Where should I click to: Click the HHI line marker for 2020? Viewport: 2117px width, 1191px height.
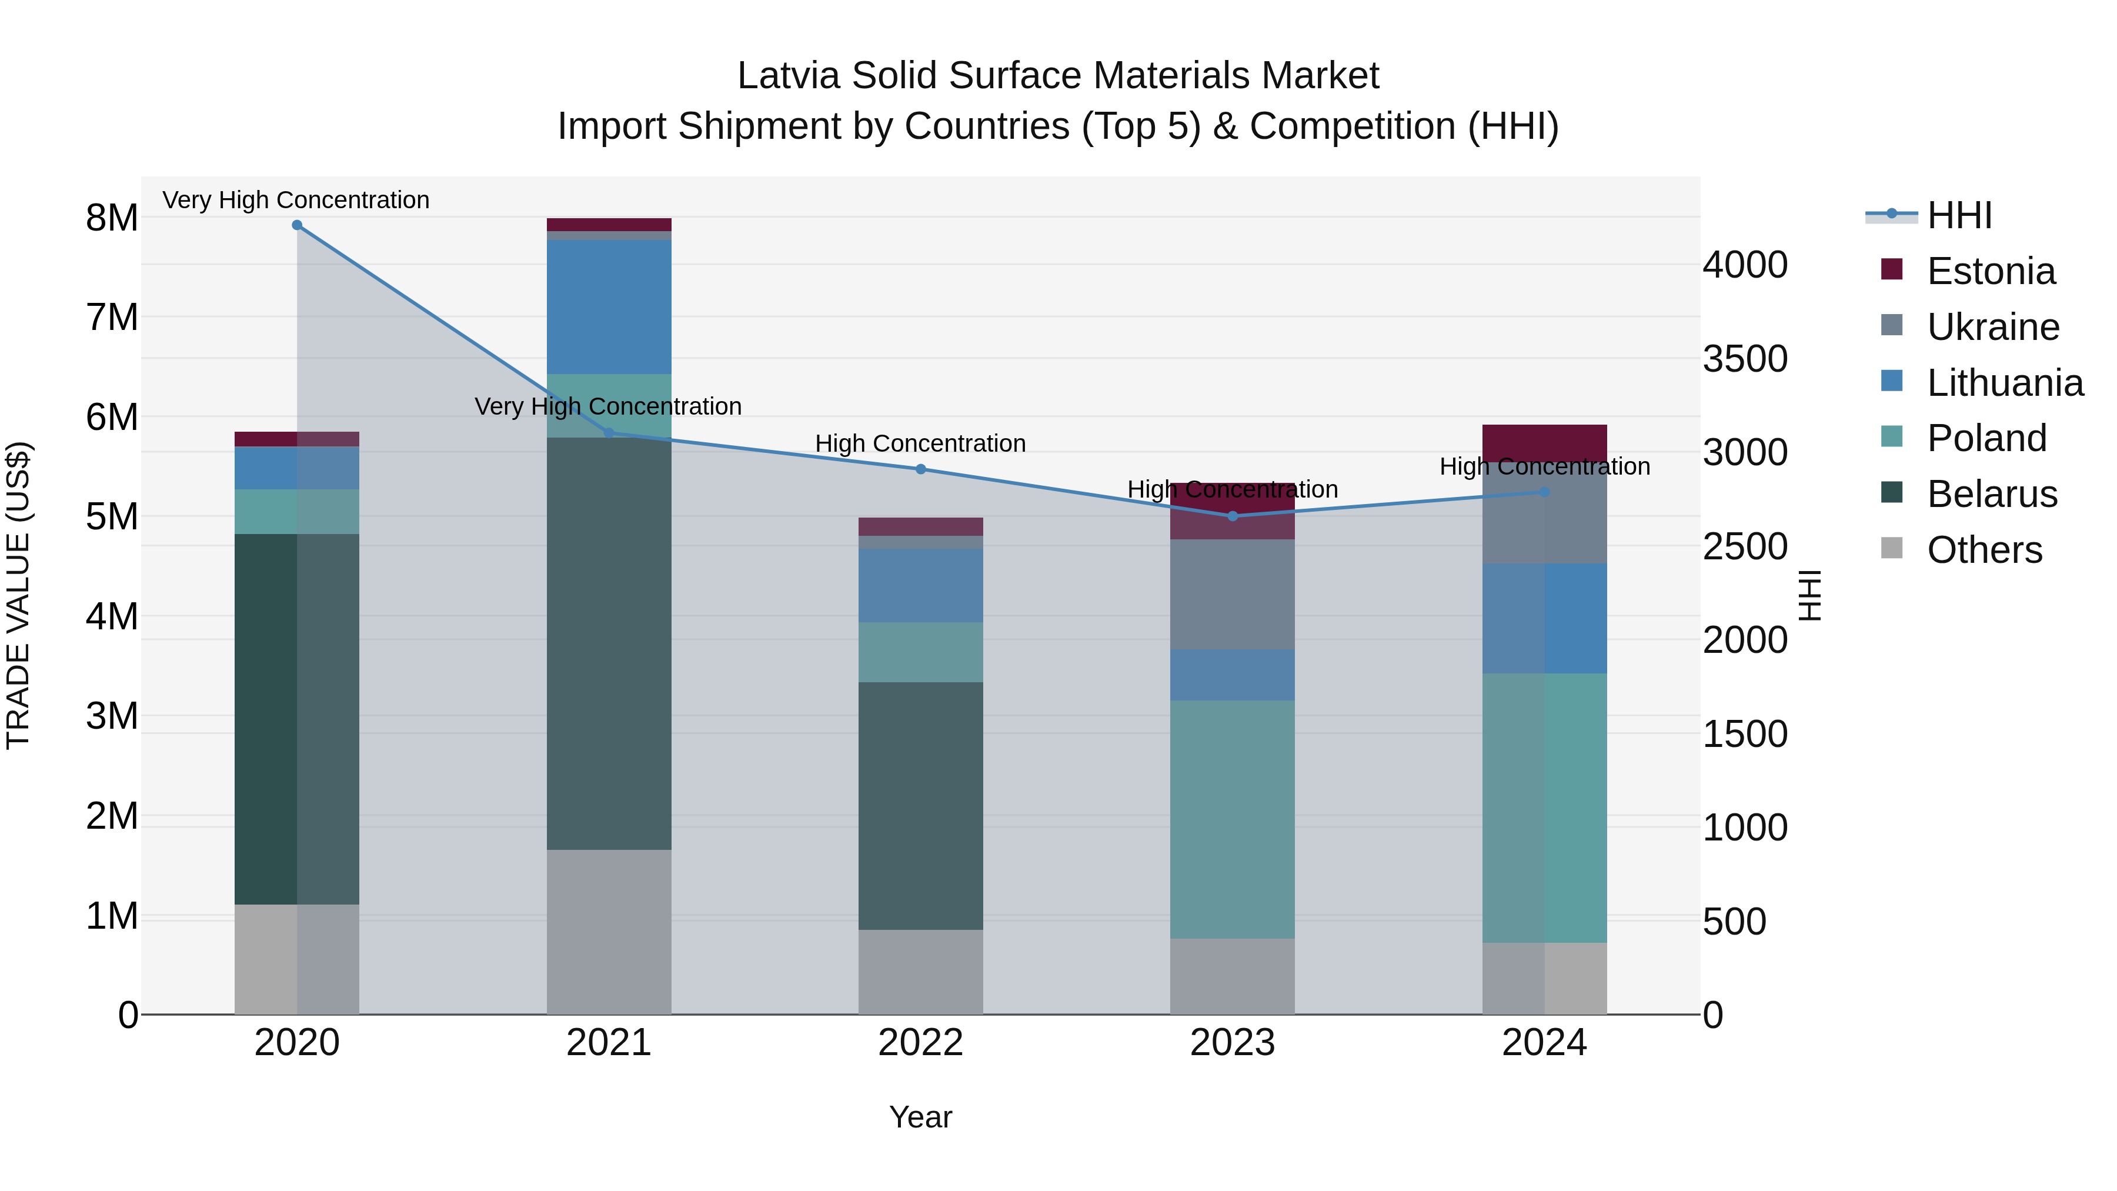click(x=297, y=225)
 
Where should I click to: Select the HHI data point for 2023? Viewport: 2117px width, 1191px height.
click(x=1232, y=516)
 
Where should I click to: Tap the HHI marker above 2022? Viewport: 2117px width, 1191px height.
click(x=920, y=469)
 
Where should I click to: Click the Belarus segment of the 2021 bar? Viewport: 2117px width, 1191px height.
click(x=609, y=643)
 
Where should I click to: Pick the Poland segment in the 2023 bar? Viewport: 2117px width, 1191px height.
click(x=1232, y=819)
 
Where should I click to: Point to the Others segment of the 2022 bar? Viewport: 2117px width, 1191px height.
click(x=920, y=972)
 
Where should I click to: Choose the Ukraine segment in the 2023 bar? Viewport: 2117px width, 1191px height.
click(x=1232, y=594)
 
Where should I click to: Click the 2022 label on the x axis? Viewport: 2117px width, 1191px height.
click(x=920, y=1043)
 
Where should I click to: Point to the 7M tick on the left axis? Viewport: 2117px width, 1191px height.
click(x=112, y=317)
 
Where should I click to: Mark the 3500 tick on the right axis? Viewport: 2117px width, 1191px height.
click(x=1744, y=359)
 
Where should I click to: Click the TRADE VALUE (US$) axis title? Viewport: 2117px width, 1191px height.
click(x=18, y=596)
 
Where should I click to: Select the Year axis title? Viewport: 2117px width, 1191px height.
click(x=920, y=1117)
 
